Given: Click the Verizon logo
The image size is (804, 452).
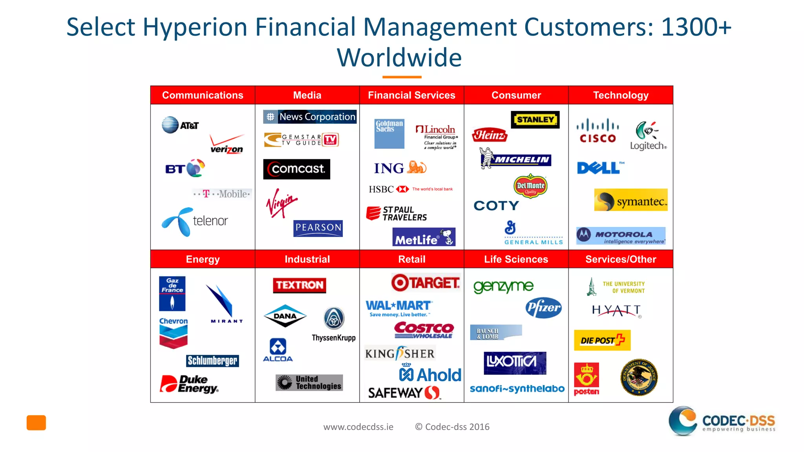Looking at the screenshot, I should point(227,144).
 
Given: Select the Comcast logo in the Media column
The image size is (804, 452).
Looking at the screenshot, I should point(297,169).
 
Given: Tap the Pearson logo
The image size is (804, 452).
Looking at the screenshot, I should point(318,228).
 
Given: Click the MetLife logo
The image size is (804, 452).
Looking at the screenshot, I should point(424,237).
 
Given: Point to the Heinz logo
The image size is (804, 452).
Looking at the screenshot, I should point(490,135).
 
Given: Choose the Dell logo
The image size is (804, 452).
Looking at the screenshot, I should point(599,168).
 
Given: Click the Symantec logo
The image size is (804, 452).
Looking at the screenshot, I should point(630,200).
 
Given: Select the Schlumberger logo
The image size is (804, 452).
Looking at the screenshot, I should point(212,361).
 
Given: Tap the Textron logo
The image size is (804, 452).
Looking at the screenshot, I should point(300,285).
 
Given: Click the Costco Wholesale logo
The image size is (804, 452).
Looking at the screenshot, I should point(424,330).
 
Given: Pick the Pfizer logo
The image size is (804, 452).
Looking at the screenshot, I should point(544,308).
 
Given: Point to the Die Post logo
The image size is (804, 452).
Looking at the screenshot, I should point(602,340).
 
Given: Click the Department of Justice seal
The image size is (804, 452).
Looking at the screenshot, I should point(639,377).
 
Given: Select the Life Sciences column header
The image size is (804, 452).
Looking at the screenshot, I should point(516,259).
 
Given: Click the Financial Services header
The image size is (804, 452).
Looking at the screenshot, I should point(411,95).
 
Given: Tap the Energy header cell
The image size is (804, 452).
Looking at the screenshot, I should point(203,259).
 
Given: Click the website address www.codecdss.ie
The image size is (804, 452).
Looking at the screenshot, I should point(358,427).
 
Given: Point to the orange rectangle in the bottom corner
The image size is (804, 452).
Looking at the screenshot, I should point(36,423).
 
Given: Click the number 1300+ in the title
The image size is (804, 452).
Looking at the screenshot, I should point(696,27).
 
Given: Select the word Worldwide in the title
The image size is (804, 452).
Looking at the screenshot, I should point(399,58).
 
